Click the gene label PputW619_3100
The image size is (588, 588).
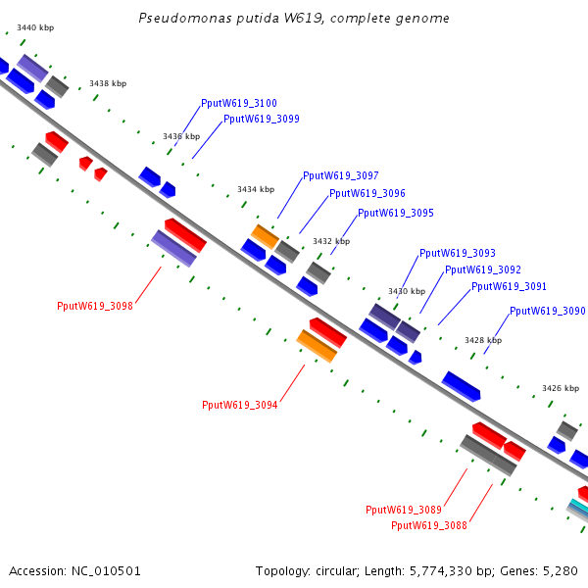pyautogui.click(x=238, y=103)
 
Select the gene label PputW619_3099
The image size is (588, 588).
pyautogui.click(x=262, y=119)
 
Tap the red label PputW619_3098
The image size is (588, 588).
pyautogui.click(x=95, y=306)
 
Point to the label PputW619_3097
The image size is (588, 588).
pyautogui.click(x=341, y=175)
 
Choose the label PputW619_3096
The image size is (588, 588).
pyautogui.click(x=367, y=194)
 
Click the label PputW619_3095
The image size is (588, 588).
pyautogui.click(x=396, y=213)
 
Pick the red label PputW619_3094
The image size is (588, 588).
pyautogui.click(x=240, y=405)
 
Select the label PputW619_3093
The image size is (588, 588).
pyautogui.click(x=458, y=253)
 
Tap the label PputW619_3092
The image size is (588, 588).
pyautogui.click(x=483, y=269)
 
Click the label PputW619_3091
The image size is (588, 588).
pyautogui.click(x=509, y=287)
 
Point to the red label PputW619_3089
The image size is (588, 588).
pyautogui.click(x=404, y=510)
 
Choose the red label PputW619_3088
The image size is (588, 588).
pyautogui.click(x=429, y=525)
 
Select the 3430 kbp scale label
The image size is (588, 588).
pyautogui.click(x=407, y=291)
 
